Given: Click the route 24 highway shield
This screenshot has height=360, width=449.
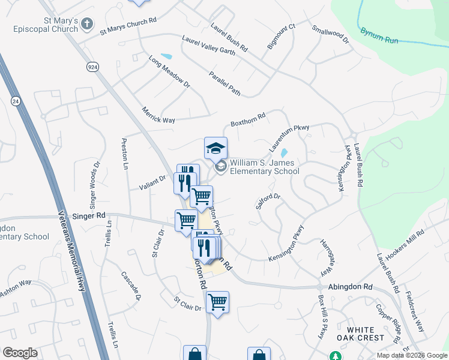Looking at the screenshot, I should pyautogui.click(x=15, y=103).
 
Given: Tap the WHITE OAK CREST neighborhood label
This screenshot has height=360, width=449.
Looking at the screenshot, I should pyautogui.click(x=361, y=334).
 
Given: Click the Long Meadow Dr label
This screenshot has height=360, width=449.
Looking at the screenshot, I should pyautogui.click(x=169, y=72).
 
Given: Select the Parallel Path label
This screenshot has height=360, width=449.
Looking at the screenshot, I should pyautogui.click(x=225, y=83).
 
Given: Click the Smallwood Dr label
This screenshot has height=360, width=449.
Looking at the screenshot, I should pyautogui.click(x=330, y=35).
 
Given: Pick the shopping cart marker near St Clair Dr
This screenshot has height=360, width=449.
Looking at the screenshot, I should pyautogui.click(x=217, y=302).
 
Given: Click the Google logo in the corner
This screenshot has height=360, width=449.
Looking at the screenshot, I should pyautogui.click(x=20, y=353).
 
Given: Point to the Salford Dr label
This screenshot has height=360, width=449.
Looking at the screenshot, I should pyautogui.click(x=268, y=200).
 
